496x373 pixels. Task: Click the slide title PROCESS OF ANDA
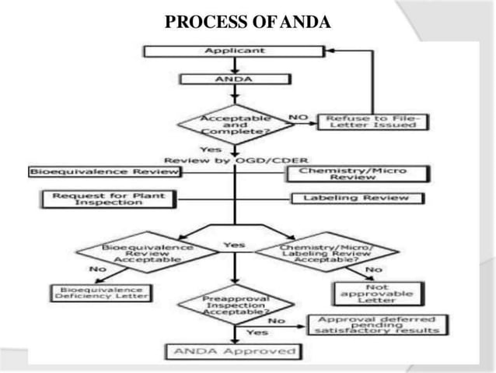coord(248,21)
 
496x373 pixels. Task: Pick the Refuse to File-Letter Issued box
coord(372,122)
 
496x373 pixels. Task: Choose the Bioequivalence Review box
coord(104,171)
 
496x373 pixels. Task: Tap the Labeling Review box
coord(358,199)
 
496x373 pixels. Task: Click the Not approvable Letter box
coord(371,293)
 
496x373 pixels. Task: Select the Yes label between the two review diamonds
coord(234,245)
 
